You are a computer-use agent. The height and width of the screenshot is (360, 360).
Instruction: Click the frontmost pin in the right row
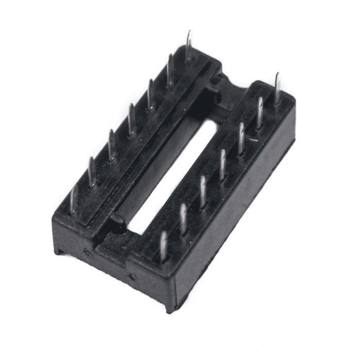[x=164, y=246]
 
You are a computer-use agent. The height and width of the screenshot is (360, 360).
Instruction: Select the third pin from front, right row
[x=203, y=191]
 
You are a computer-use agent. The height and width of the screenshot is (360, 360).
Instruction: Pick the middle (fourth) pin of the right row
[x=223, y=164]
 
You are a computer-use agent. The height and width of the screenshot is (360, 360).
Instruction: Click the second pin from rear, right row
[x=260, y=112]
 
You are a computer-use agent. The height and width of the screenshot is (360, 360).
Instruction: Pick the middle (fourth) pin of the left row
[x=131, y=119]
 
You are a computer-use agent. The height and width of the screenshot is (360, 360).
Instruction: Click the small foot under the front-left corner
[x=59, y=251]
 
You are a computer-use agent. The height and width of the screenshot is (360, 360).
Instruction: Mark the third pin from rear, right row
[x=241, y=138]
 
